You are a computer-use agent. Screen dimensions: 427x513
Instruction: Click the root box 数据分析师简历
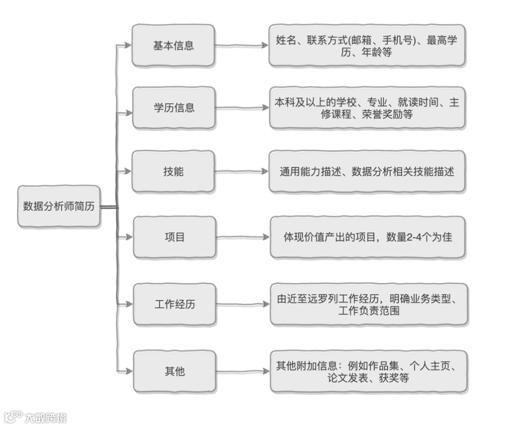(x=59, y=206)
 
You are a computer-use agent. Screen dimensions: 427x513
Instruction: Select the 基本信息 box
(x=173, y=46)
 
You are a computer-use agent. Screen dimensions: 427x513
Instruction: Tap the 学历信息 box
(x=174, y=107)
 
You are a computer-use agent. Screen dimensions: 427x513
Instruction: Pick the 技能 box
(x=173, y=171)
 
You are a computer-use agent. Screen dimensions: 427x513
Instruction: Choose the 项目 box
(x=174, y=237)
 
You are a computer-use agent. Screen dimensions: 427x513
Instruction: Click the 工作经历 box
(x=174, y=304)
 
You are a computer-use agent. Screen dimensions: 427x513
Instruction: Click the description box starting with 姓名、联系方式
(x=367, y=46)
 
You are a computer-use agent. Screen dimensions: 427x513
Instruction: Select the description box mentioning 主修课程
(x=367, y=108)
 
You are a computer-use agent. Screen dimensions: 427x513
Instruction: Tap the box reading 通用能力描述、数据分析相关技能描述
(x=367, y=171)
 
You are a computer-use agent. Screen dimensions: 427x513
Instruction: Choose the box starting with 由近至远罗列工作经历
(x=369, y=304)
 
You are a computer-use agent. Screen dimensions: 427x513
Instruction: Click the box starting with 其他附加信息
(x=369, y=371)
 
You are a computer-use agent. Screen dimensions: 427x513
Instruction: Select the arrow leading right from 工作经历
(x=242, y=304)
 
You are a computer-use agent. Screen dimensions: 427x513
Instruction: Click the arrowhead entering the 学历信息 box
(x=127, y=113)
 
